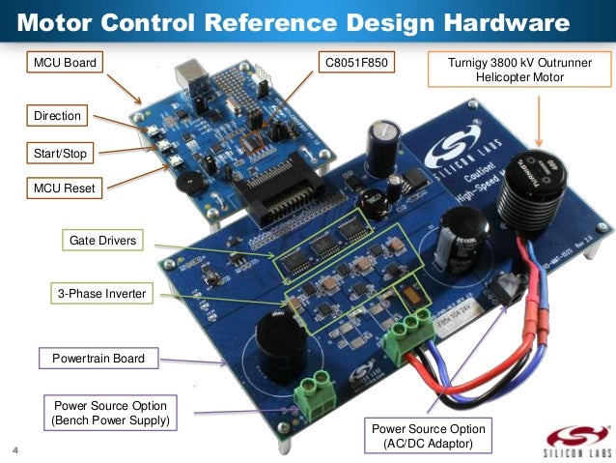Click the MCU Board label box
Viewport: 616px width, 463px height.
tap(65, 64)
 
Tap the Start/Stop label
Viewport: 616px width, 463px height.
tap(59, 153)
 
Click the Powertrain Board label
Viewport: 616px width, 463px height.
tap(98, 359)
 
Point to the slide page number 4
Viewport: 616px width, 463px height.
tap(15, 449)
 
